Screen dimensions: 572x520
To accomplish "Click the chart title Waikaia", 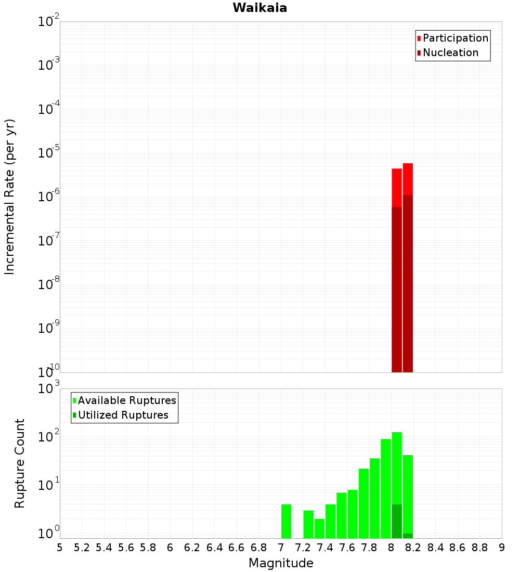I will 259,8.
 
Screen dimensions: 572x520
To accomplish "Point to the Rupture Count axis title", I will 20,463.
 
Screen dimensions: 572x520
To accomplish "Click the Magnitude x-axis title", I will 281,563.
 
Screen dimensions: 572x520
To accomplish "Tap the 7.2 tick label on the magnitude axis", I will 303,548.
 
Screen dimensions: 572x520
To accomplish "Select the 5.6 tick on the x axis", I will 126,548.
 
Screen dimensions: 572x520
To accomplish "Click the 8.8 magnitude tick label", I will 480,548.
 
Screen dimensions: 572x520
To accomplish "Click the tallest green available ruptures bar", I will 397,468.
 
